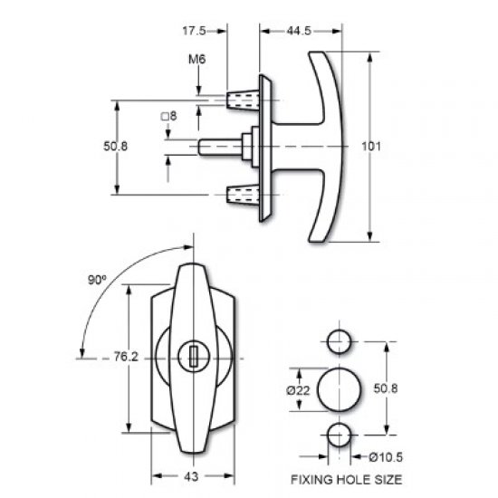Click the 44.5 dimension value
300,31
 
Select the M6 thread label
196,61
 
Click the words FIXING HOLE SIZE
346,480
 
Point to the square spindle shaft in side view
217,146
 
